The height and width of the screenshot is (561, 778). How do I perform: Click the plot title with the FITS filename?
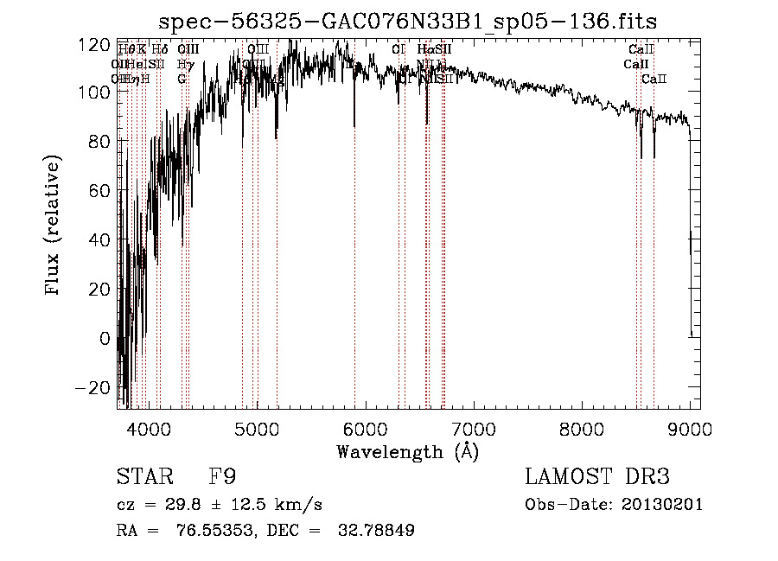(x=414, y=22)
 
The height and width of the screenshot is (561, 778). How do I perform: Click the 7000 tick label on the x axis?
(x=474, y=427)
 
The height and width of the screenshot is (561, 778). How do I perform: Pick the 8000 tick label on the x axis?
(x=582, y=427)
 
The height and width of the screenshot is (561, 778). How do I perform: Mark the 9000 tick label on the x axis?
(x=690, y=427)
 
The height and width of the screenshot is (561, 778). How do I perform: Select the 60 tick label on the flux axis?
(x=101, y=190)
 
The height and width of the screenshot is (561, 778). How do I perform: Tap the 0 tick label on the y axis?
(x=106, y=339)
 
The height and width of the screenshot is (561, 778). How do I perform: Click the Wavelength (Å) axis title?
(x=407, y=451)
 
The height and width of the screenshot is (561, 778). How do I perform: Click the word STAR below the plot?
(x=143, y=477)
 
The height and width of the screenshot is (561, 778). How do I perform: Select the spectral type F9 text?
(x=222, y=477)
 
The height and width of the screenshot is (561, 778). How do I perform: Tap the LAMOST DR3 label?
(x=596, y=477)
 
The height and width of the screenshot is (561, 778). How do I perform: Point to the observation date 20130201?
(x=663, y=505)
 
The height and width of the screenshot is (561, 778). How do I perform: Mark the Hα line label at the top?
(x=424, y=49)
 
